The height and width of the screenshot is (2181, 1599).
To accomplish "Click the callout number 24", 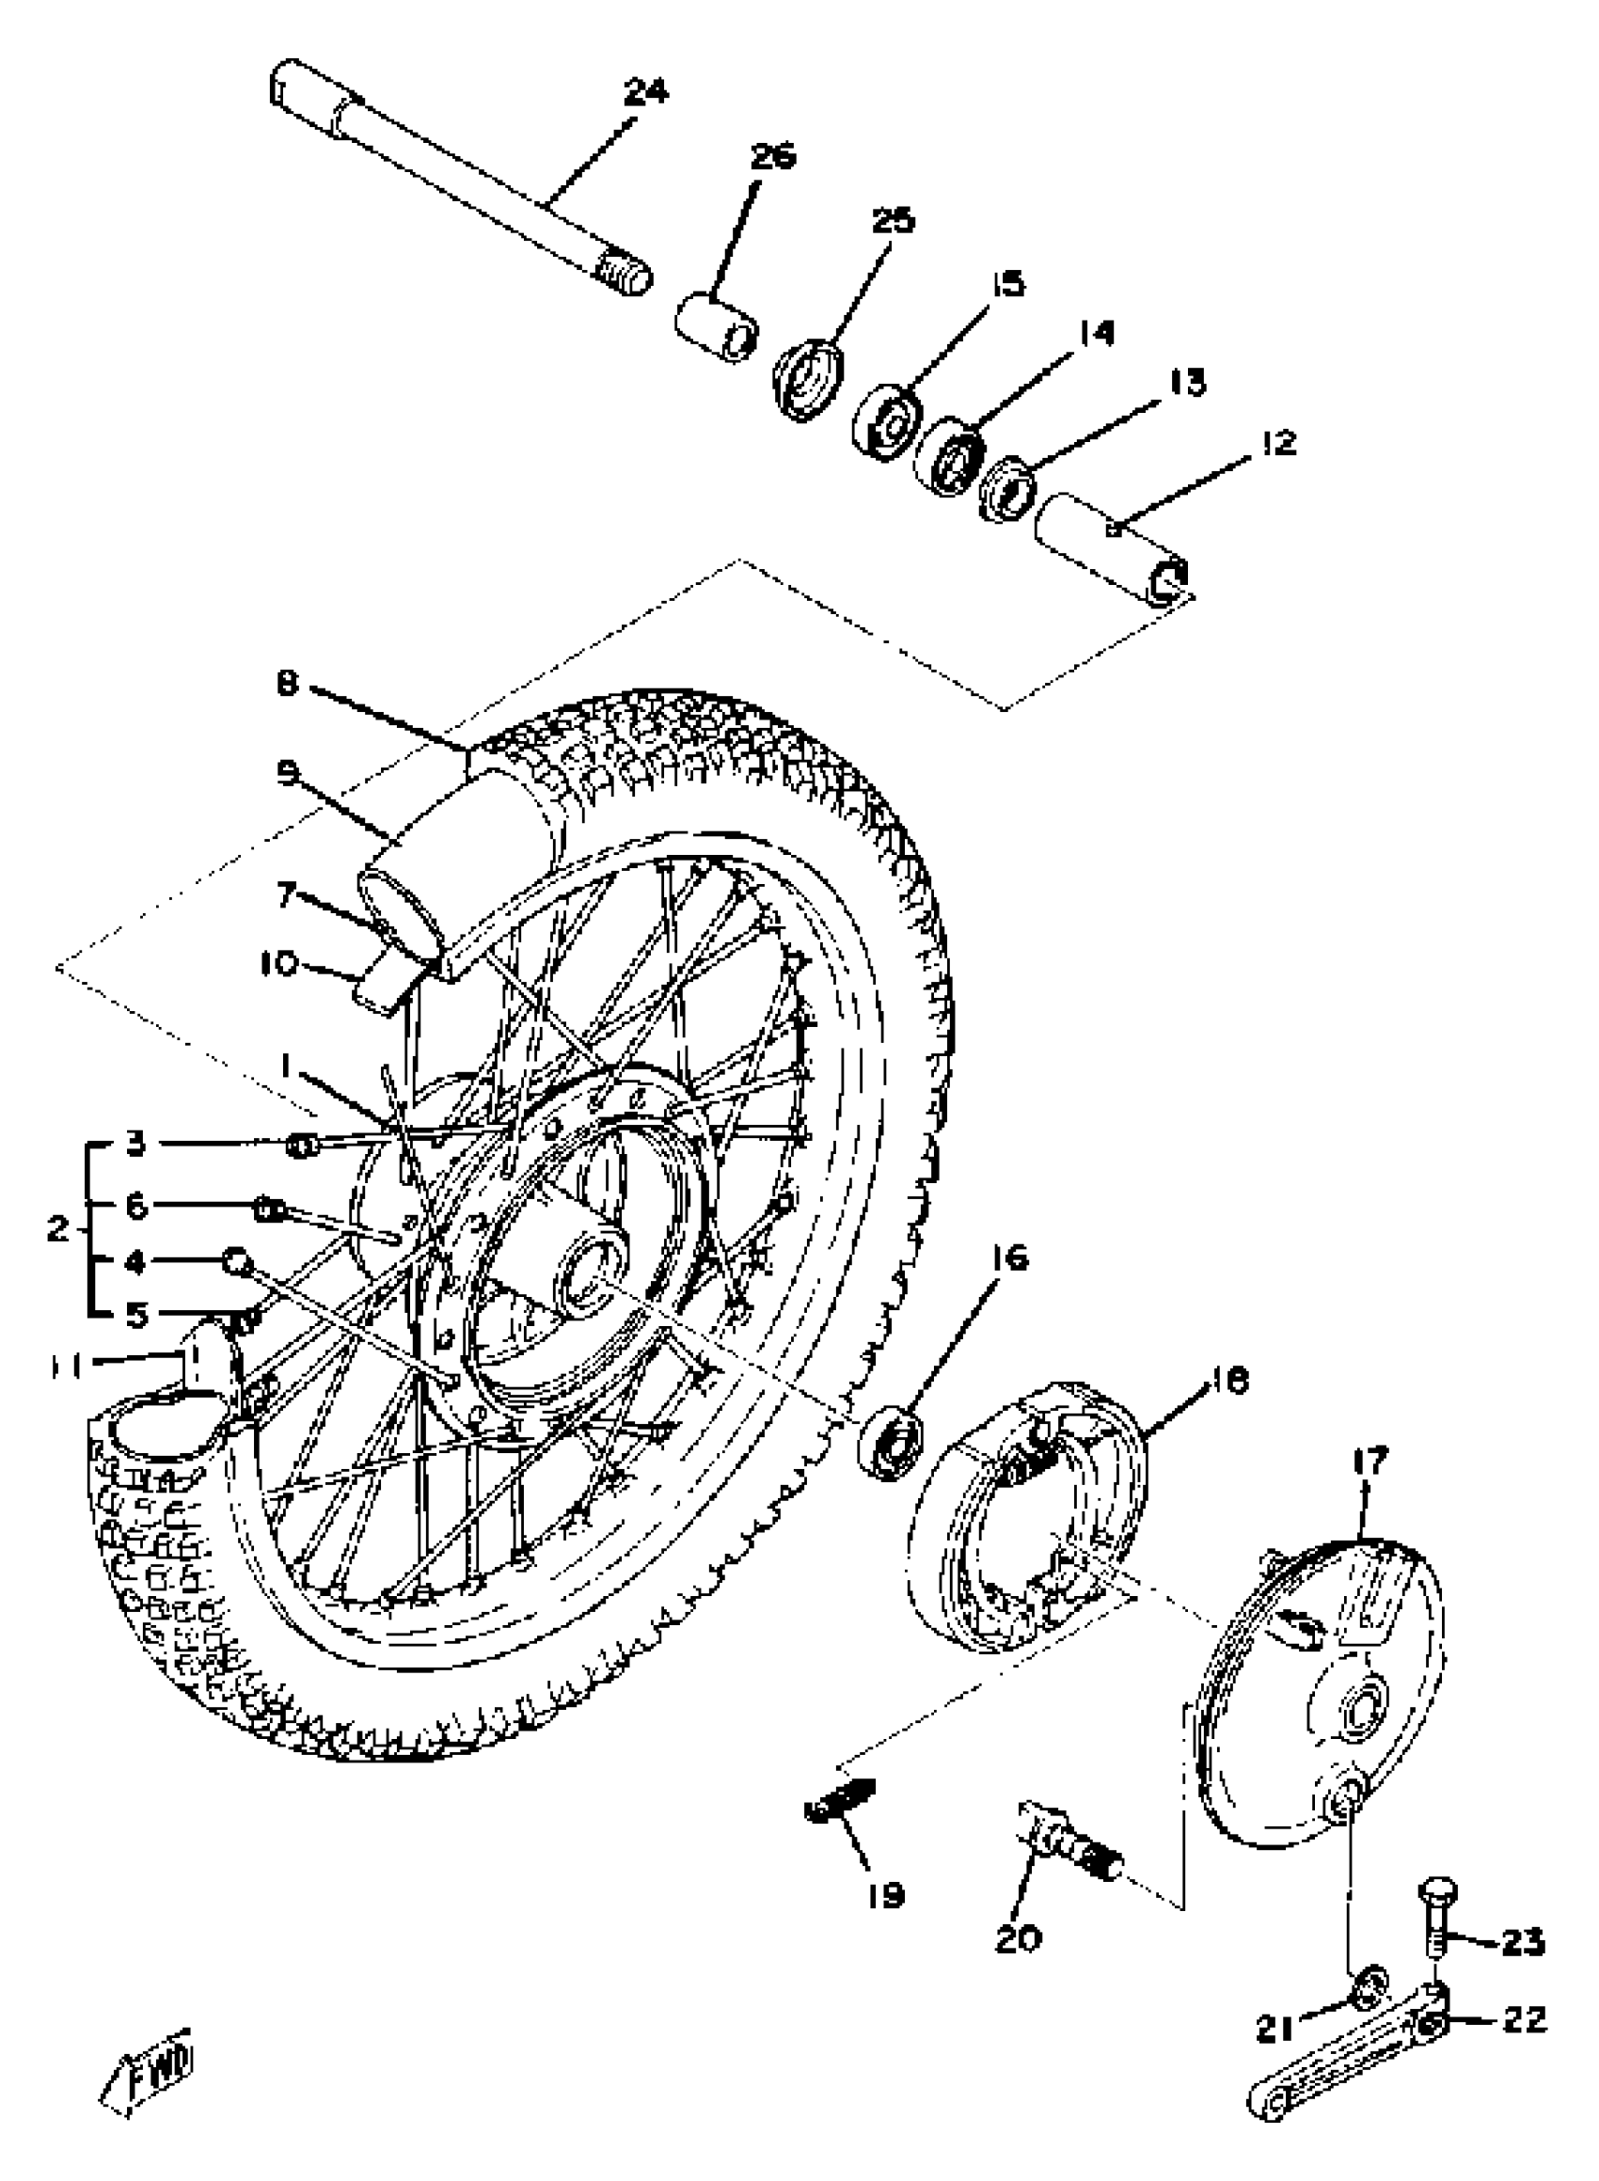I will tap(645, 92).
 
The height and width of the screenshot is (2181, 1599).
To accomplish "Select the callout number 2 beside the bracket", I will tap(58, 1229).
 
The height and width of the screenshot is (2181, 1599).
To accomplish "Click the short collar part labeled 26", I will tap(717, 330).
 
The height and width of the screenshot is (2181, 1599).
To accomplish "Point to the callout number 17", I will tap(1370, 1462).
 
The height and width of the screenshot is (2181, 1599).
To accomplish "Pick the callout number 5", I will tap(136, 1315).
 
